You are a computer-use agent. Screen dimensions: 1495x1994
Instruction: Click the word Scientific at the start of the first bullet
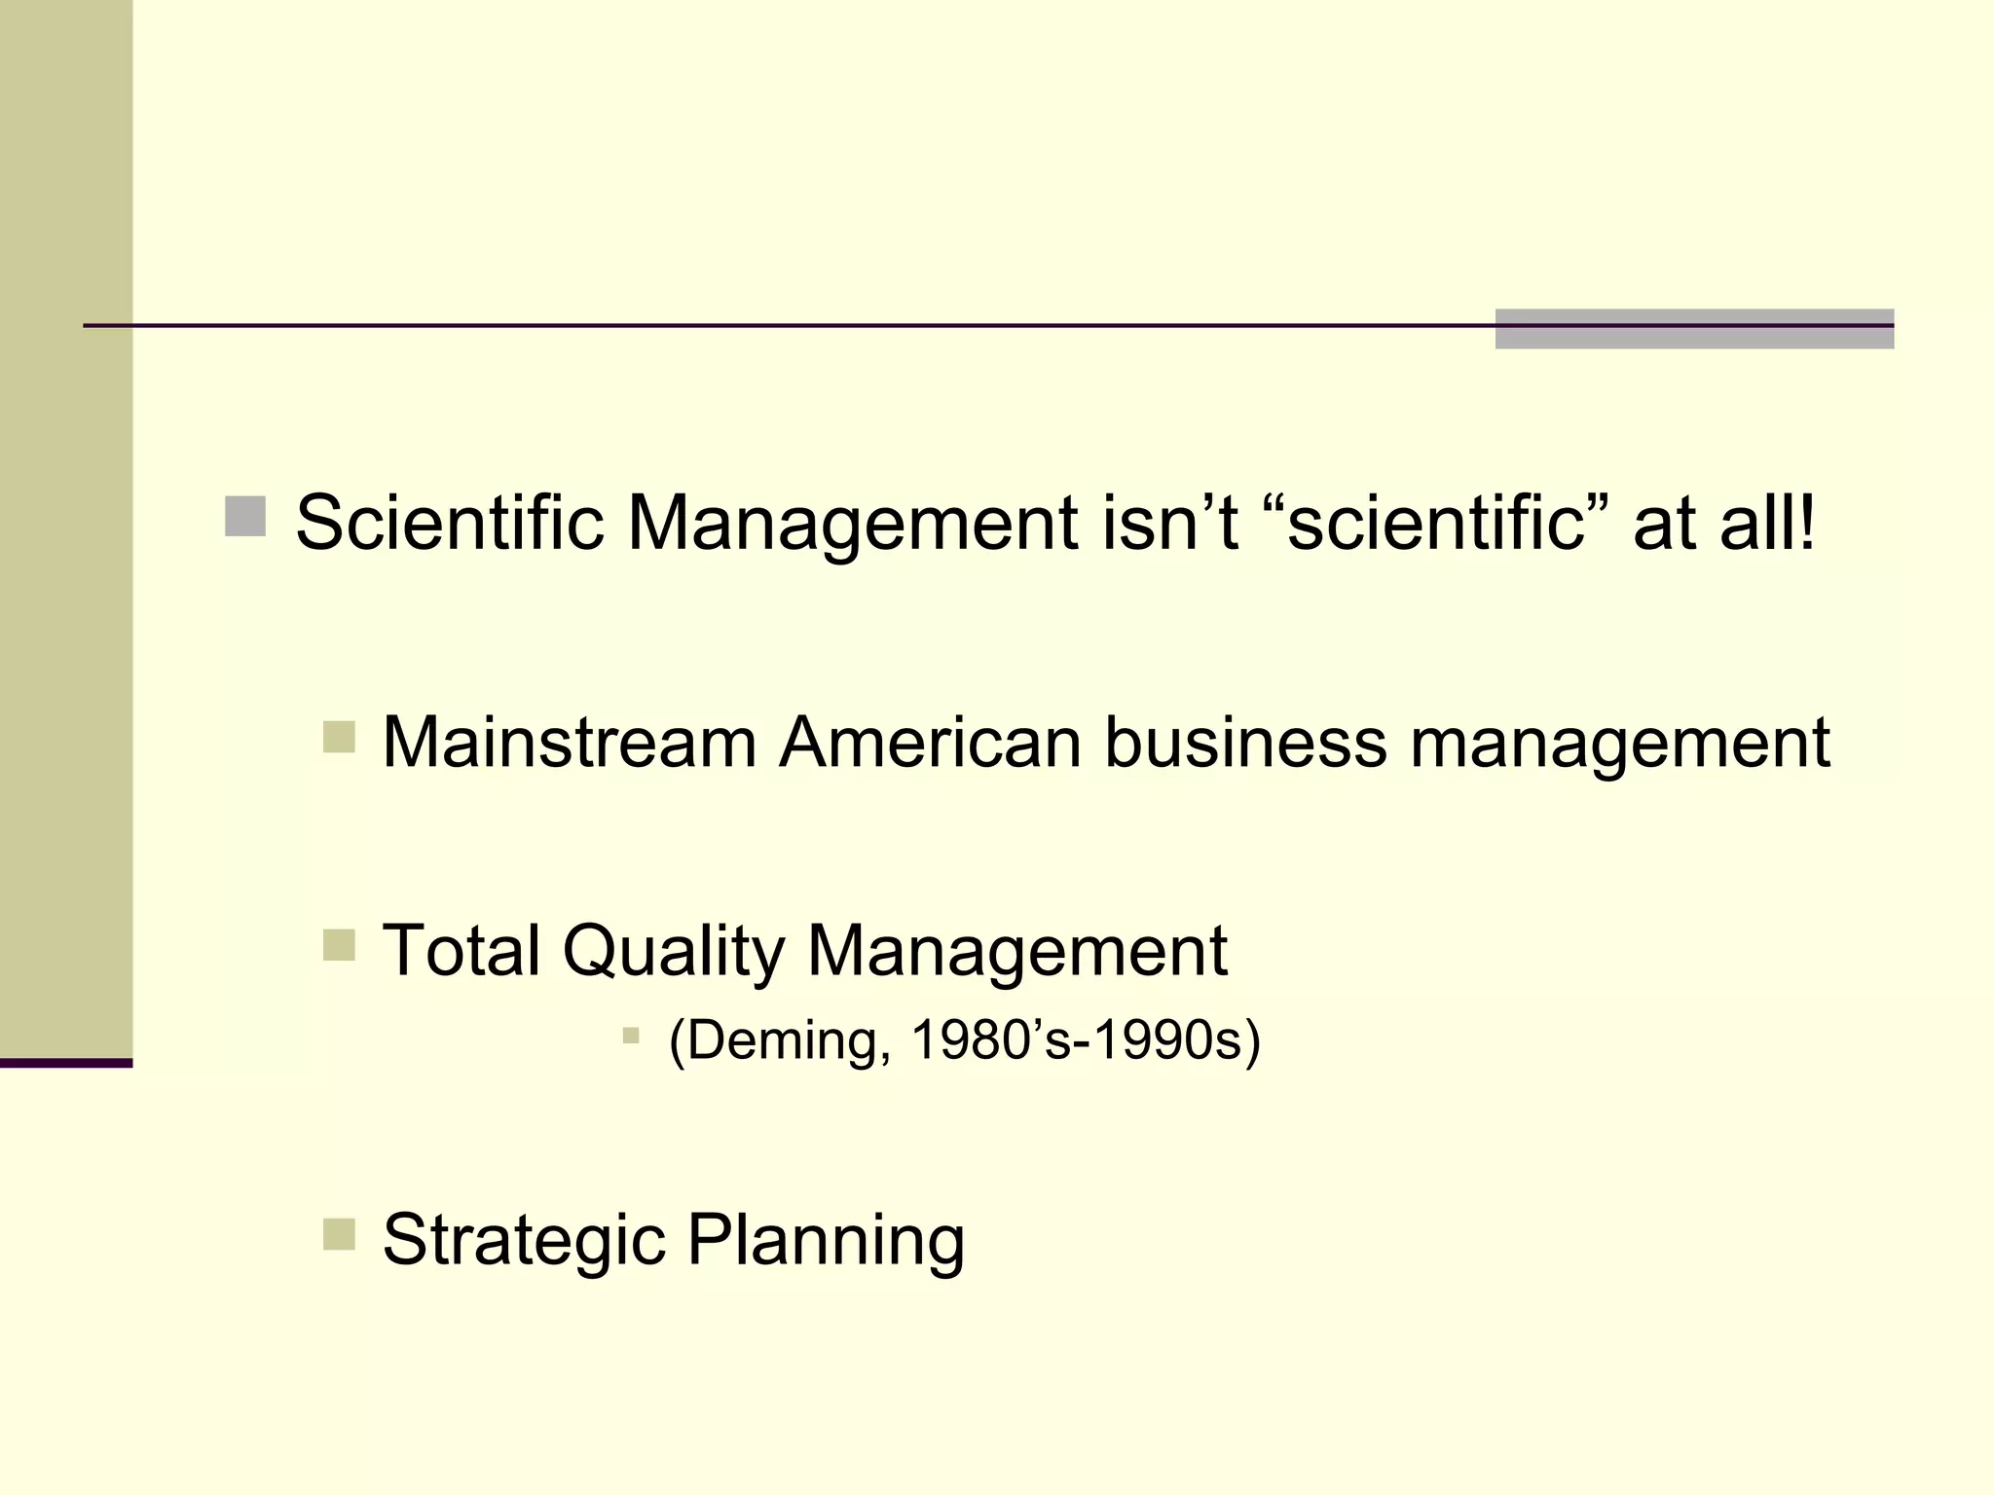pos(449,523)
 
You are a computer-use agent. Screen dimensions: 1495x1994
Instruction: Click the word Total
pos(462,950)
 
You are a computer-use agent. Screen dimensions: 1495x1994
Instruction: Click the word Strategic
pos(525,1240)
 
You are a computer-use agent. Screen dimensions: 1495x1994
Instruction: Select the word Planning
pos(826,1240)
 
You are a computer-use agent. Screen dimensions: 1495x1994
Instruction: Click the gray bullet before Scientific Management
pos(245,517)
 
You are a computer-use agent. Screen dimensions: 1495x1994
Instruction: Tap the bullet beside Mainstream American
pos(339,737)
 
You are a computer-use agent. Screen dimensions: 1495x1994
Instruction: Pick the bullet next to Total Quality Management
pos(339,944)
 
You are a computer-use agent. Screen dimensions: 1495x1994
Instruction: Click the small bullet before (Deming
pos(631,1036)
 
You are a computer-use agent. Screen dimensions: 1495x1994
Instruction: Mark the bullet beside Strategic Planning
pos(339,1234)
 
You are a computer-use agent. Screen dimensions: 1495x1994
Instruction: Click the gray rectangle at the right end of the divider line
pos(1694,329)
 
